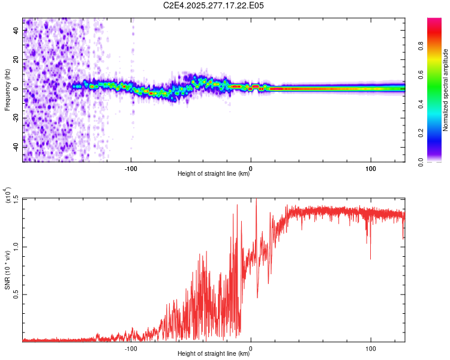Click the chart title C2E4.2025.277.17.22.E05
214,5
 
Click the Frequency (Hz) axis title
7,90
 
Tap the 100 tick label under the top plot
371,168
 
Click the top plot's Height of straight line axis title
214,174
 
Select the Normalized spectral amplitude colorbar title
445,90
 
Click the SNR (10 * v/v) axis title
7,270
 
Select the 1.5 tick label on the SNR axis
16,199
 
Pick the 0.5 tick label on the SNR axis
16,294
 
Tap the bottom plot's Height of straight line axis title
214,354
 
